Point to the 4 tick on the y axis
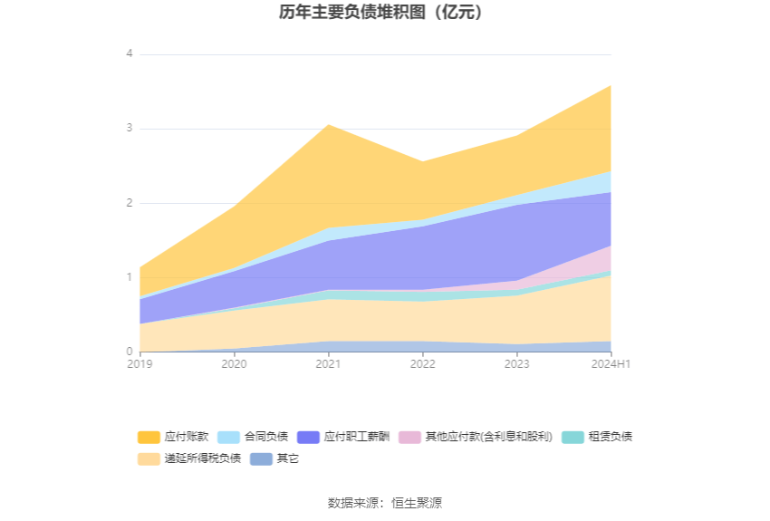(130, 54)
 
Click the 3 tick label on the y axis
(130, 129)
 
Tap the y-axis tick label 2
(130, 203)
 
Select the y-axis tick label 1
(130, 277)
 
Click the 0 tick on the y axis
(130, 352)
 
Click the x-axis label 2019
(140, 364)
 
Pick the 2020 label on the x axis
(235, 364)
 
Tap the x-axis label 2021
(329, 364)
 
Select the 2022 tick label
(423, 364)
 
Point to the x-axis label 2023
(517, 364)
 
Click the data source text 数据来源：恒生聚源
(385, 503)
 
